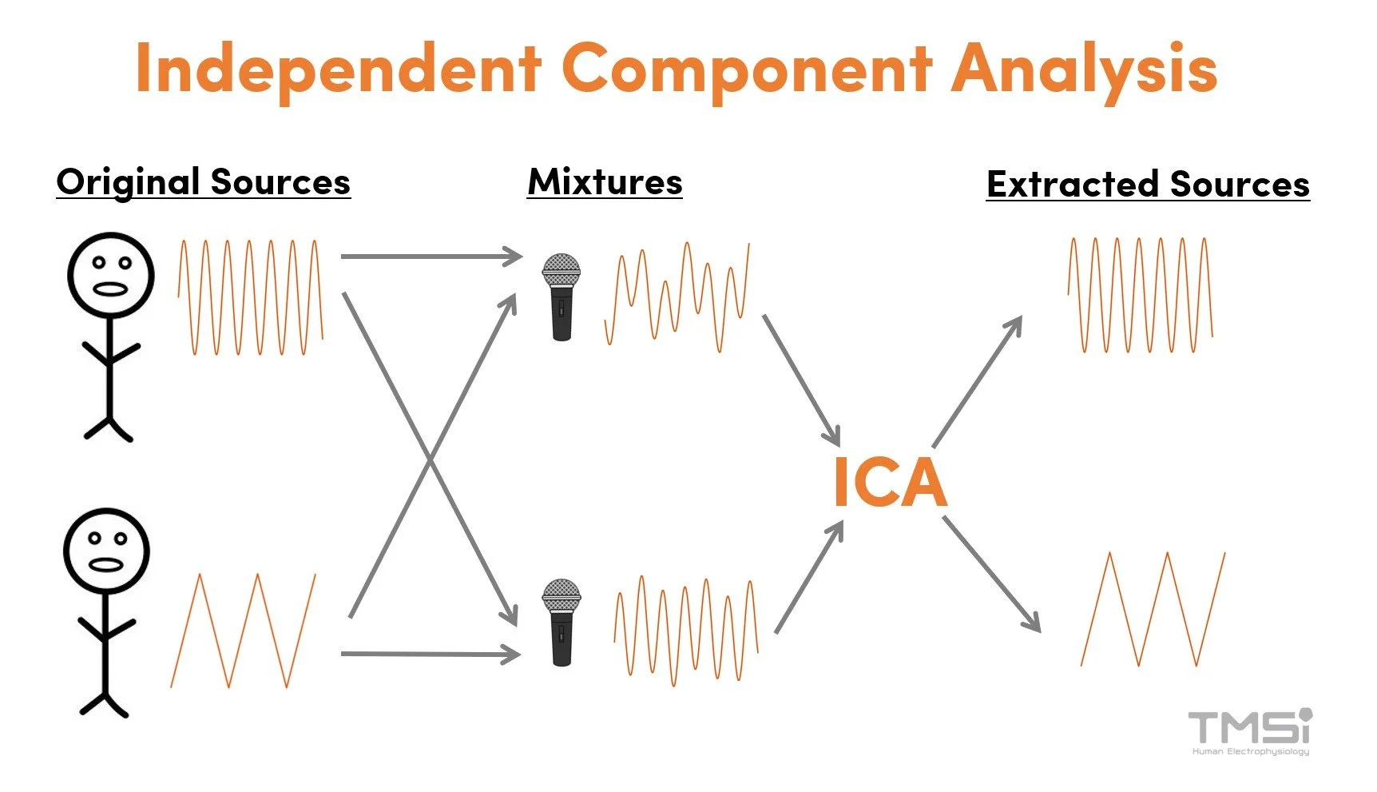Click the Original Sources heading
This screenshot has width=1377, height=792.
(x=204, y=182)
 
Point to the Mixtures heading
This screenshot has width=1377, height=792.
(x=605, y=182)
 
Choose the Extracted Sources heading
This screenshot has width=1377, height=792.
(x=1148, y=185)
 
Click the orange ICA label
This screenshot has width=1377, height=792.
(x=890, y=483)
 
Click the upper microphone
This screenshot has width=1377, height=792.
(x=561, y=297)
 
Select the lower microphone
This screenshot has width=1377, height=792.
(x=562, y=622)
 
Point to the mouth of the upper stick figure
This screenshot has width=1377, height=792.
(x=110, y=289)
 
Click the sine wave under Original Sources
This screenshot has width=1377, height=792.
(x=250, y=297)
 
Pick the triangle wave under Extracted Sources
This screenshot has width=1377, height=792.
(x=1153, y=609)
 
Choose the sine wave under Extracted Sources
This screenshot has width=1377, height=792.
(x=1141, y=295)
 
